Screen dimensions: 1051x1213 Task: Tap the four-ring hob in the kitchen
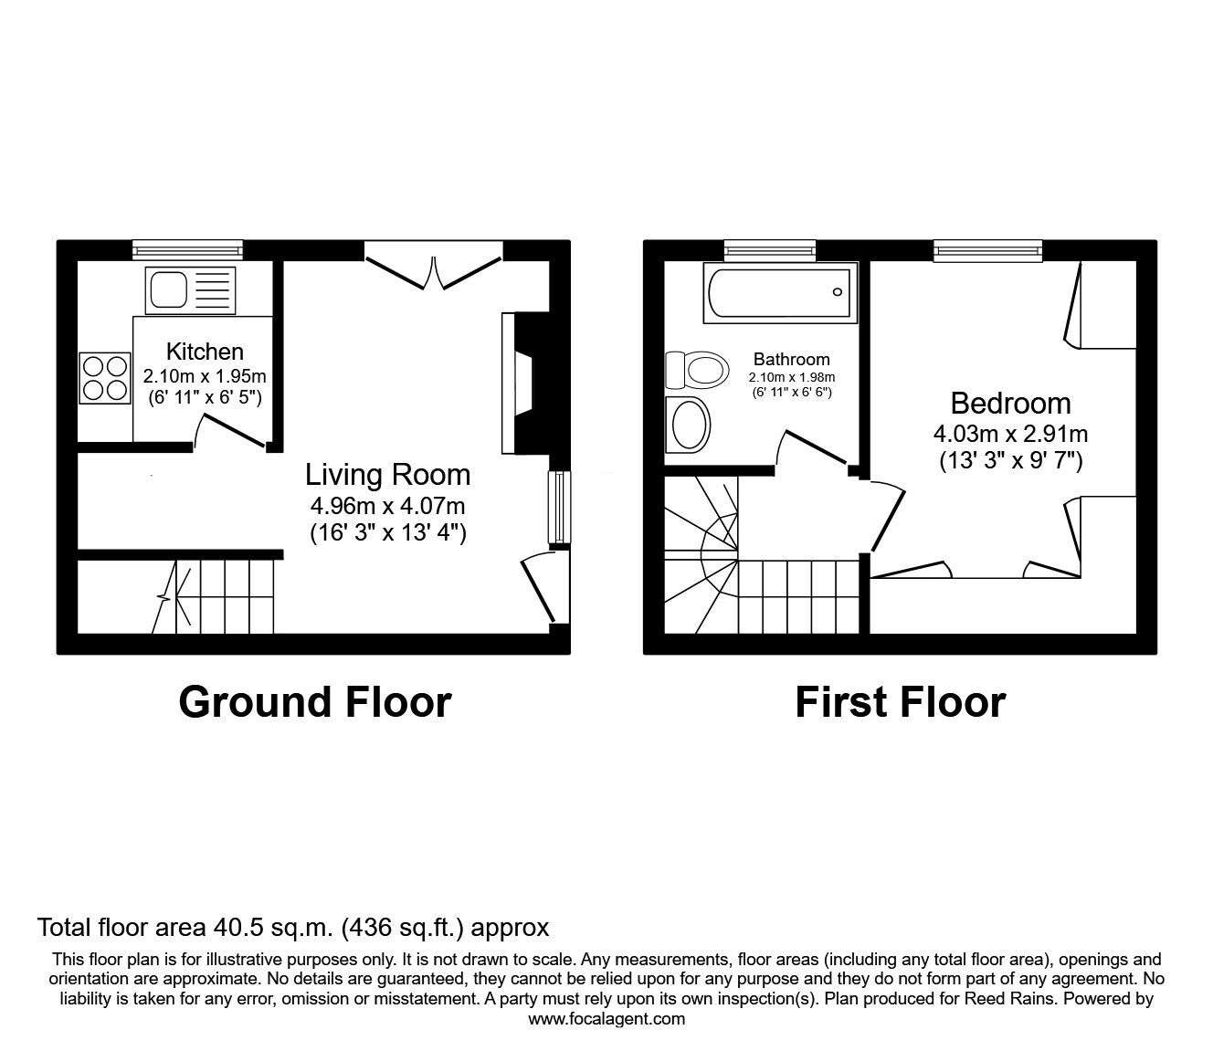coord(104,378)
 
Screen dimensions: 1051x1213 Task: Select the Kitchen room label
coord(205,352)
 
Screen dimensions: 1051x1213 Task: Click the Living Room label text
coord(387,475)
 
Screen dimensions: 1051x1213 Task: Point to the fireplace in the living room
coord(522,384)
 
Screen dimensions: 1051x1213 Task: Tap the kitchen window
coord(187,249)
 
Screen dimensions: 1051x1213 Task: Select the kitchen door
coord(232,432)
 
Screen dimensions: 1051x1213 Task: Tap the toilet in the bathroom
coord(697,370)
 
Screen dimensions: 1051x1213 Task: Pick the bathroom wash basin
coord(690,425)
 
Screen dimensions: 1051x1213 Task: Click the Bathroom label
coord(791,360)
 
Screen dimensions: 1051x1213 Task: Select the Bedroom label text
coord(1010,404)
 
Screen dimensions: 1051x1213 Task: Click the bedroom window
coord(987,249)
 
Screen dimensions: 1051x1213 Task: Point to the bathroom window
coord(769,249)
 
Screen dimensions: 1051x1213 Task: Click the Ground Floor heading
coord(314,702)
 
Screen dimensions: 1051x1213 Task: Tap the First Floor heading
coord(900,702)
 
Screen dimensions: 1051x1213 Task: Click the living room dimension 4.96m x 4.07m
coord(388,505)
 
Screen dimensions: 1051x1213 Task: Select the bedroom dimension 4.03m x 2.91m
coord(1010,434)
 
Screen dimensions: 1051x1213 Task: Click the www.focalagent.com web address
coord(606,1019)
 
